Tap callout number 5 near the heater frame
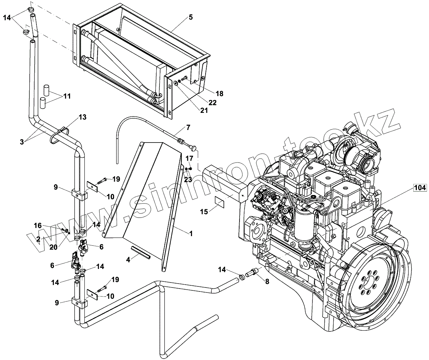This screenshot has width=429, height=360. (191, 17)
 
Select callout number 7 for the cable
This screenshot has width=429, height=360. (188, 127)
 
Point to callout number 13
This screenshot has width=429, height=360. (83, 117)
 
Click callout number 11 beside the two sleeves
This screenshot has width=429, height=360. (67, 96)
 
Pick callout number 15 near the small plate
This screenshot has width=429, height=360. (204, 212)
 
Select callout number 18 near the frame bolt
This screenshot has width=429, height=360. (220, 94)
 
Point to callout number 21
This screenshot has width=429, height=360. (204, 111)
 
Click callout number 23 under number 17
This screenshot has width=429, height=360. (188, 180)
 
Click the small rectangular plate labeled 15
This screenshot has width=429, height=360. (220, 201)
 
